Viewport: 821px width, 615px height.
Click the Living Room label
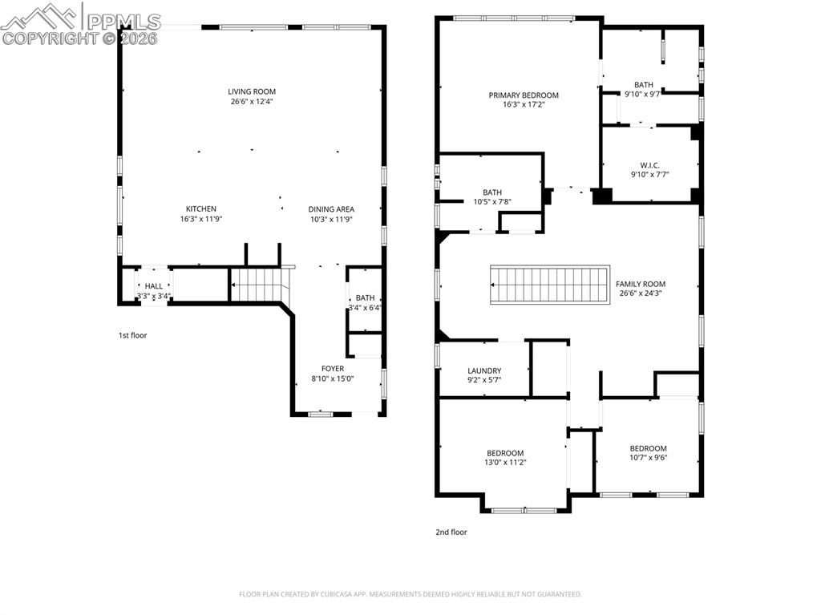click(252, 91)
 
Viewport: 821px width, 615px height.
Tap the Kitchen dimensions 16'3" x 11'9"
click(201, 219)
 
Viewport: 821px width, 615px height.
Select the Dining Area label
click(331, 209)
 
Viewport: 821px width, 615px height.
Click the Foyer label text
click(333, 369)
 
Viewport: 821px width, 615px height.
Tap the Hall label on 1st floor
click(153, 286)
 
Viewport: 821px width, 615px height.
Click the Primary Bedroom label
click(524, 95)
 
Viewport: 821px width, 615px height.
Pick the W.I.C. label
click(649, 165)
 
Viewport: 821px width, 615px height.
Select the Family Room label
click(640, 284)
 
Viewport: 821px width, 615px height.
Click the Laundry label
click(484, 370)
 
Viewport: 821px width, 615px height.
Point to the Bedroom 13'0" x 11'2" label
click(505, 453)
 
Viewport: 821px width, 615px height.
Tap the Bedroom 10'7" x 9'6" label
click(648, 448)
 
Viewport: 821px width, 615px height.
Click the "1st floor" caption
click(133, 335)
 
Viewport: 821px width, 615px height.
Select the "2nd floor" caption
click(451, 532)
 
